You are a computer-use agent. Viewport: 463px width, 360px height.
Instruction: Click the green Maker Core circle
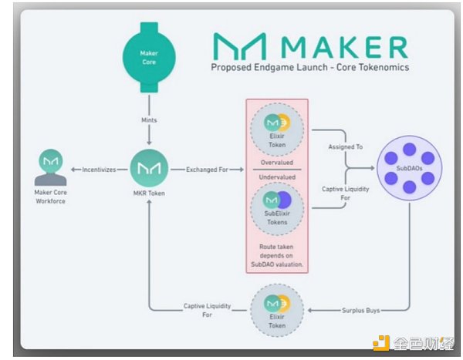coord(150,58)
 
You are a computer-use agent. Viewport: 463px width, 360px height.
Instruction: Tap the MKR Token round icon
coord(150,168)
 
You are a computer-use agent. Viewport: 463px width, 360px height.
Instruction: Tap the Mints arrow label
coord(150,120)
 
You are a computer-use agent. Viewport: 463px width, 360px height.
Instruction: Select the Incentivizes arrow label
coord(99,168)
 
